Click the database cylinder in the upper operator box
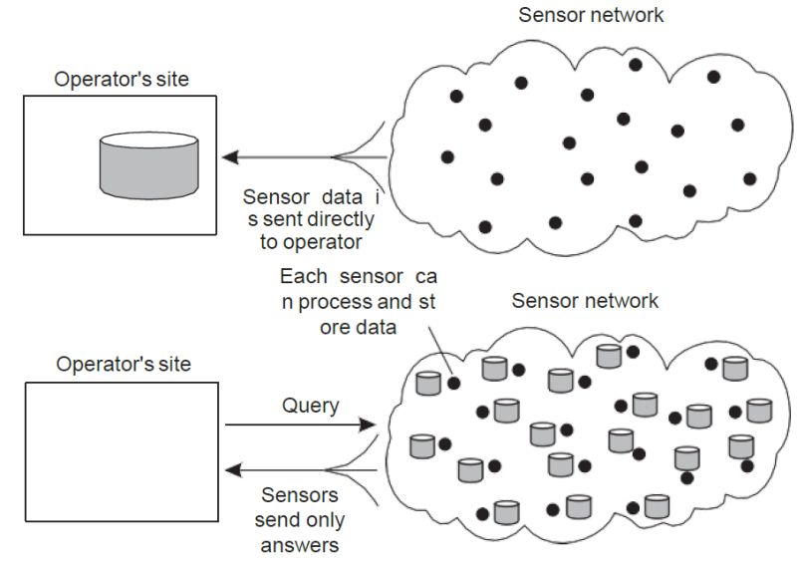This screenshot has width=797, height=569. pyautogui.click(x=148, y=163)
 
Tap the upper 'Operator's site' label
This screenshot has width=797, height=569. pyautogui.click(x=123, y=80)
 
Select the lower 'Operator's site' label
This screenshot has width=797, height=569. pyautogui.click(x=123, y=364)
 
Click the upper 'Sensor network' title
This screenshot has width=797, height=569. pyautogui.click(x=591, y=15)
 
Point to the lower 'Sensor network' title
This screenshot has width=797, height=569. pyautogui.click(x=584, y=300)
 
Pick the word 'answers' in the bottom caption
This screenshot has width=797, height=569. pyautogui.click(x=301, y=544)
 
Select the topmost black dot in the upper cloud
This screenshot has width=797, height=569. pyautogui.click(x=636, y=65)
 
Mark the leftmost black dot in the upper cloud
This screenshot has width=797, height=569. pyautogui.click(x=447, y=156)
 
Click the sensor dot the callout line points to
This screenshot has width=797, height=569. pyautogui.click(x=453, y=382)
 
